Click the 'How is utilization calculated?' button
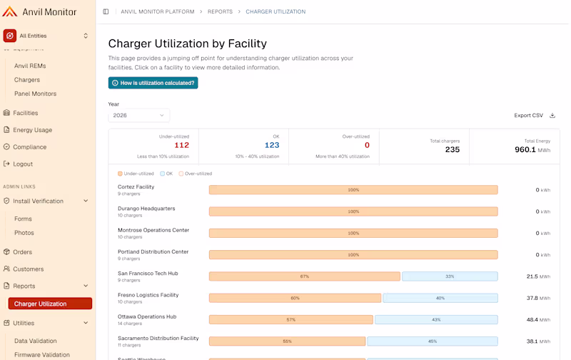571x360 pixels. [x=153, y=83]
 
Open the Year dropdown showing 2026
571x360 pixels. [x=138, y=116]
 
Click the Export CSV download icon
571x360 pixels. [x=552, y=116]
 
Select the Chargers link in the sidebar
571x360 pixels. [x=27, y=80]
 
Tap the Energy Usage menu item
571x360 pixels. [x=32, y=130]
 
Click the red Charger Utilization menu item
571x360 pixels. [x=50, y=304]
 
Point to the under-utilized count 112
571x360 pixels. [x=182, y=145]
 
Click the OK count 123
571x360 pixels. [x=272, y=145]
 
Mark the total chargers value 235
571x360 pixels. [x=453, y=149]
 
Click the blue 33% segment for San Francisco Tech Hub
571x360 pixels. [x=450, y=276]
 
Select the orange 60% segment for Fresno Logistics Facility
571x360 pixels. [x=295, y=298]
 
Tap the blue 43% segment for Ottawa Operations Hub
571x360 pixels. [x=436, y=319]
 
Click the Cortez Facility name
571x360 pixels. [x=136, y=187]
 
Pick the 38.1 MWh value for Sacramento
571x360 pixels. [x=538, y=341]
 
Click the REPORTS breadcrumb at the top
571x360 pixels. [x=220, y=11]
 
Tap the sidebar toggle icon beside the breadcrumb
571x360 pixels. [x=106, y=11]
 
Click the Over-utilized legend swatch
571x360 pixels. [x=181, y=174]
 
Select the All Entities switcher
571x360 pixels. [x=46, y=36]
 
